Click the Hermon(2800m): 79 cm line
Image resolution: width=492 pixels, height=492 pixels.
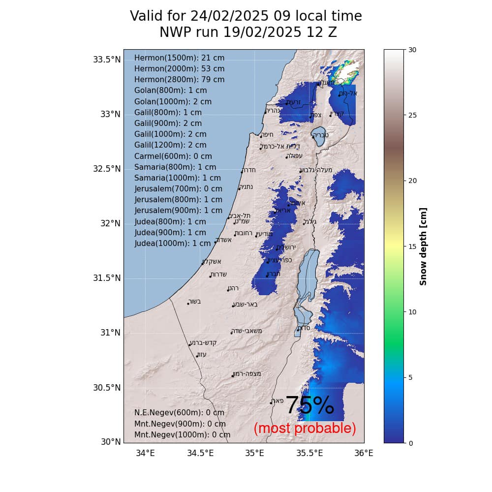click(x=179, y=80)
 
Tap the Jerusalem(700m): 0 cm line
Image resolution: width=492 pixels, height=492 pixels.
click(x=178, y=189)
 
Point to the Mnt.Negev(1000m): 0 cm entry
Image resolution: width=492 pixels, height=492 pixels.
click(x=182, y=434)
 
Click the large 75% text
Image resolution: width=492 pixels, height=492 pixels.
click(x=309, y=406)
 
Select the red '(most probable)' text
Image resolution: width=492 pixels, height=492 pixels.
click(x=305, y=429)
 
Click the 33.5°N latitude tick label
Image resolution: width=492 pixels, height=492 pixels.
click(x=107, y=60)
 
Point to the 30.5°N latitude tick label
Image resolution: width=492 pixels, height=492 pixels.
click(x=107, y=387)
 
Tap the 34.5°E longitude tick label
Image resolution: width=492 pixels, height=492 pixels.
click(x=200, y=453)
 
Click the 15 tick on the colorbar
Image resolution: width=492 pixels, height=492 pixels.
click(x=412, y=246)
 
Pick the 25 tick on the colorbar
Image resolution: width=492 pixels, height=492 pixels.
click(x=412, y=115)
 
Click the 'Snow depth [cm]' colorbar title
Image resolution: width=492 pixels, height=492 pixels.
click(x=423, y=246)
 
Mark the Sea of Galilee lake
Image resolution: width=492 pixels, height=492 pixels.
click(x=318, y=138)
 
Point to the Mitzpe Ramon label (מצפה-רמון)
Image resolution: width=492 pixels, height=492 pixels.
click(x=247, y=373)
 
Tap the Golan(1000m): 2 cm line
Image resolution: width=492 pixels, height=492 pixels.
click(x=173, y=101)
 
